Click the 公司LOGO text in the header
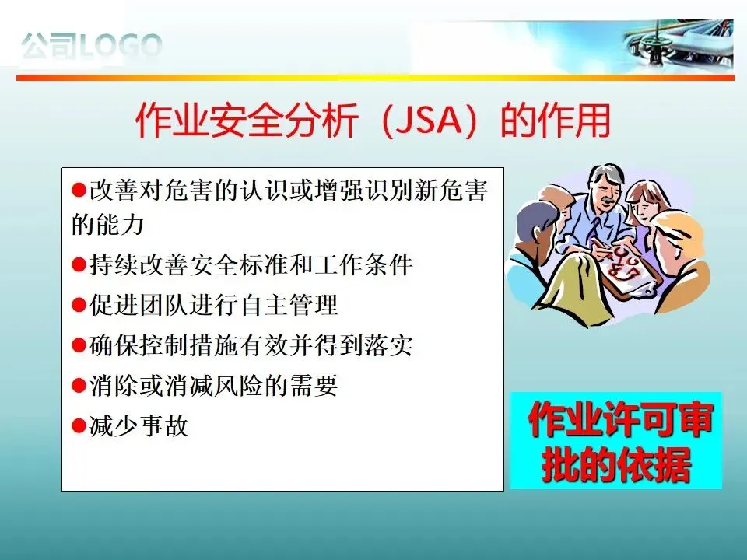[x=92, y=46]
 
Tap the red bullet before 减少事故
[x=79, y=425]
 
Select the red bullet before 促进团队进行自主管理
[x=79, y=305]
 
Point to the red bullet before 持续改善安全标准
[x=79, y=264]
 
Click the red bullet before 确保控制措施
[x=79, y=345]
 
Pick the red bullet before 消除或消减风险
[x=79, y=385]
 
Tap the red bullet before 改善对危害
[x=79, y=191]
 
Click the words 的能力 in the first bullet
[x=107, y=224]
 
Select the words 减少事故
[x=139, y=425]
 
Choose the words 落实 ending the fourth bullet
[x=388, y=345]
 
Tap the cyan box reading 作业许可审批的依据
[x=616, y=440]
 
